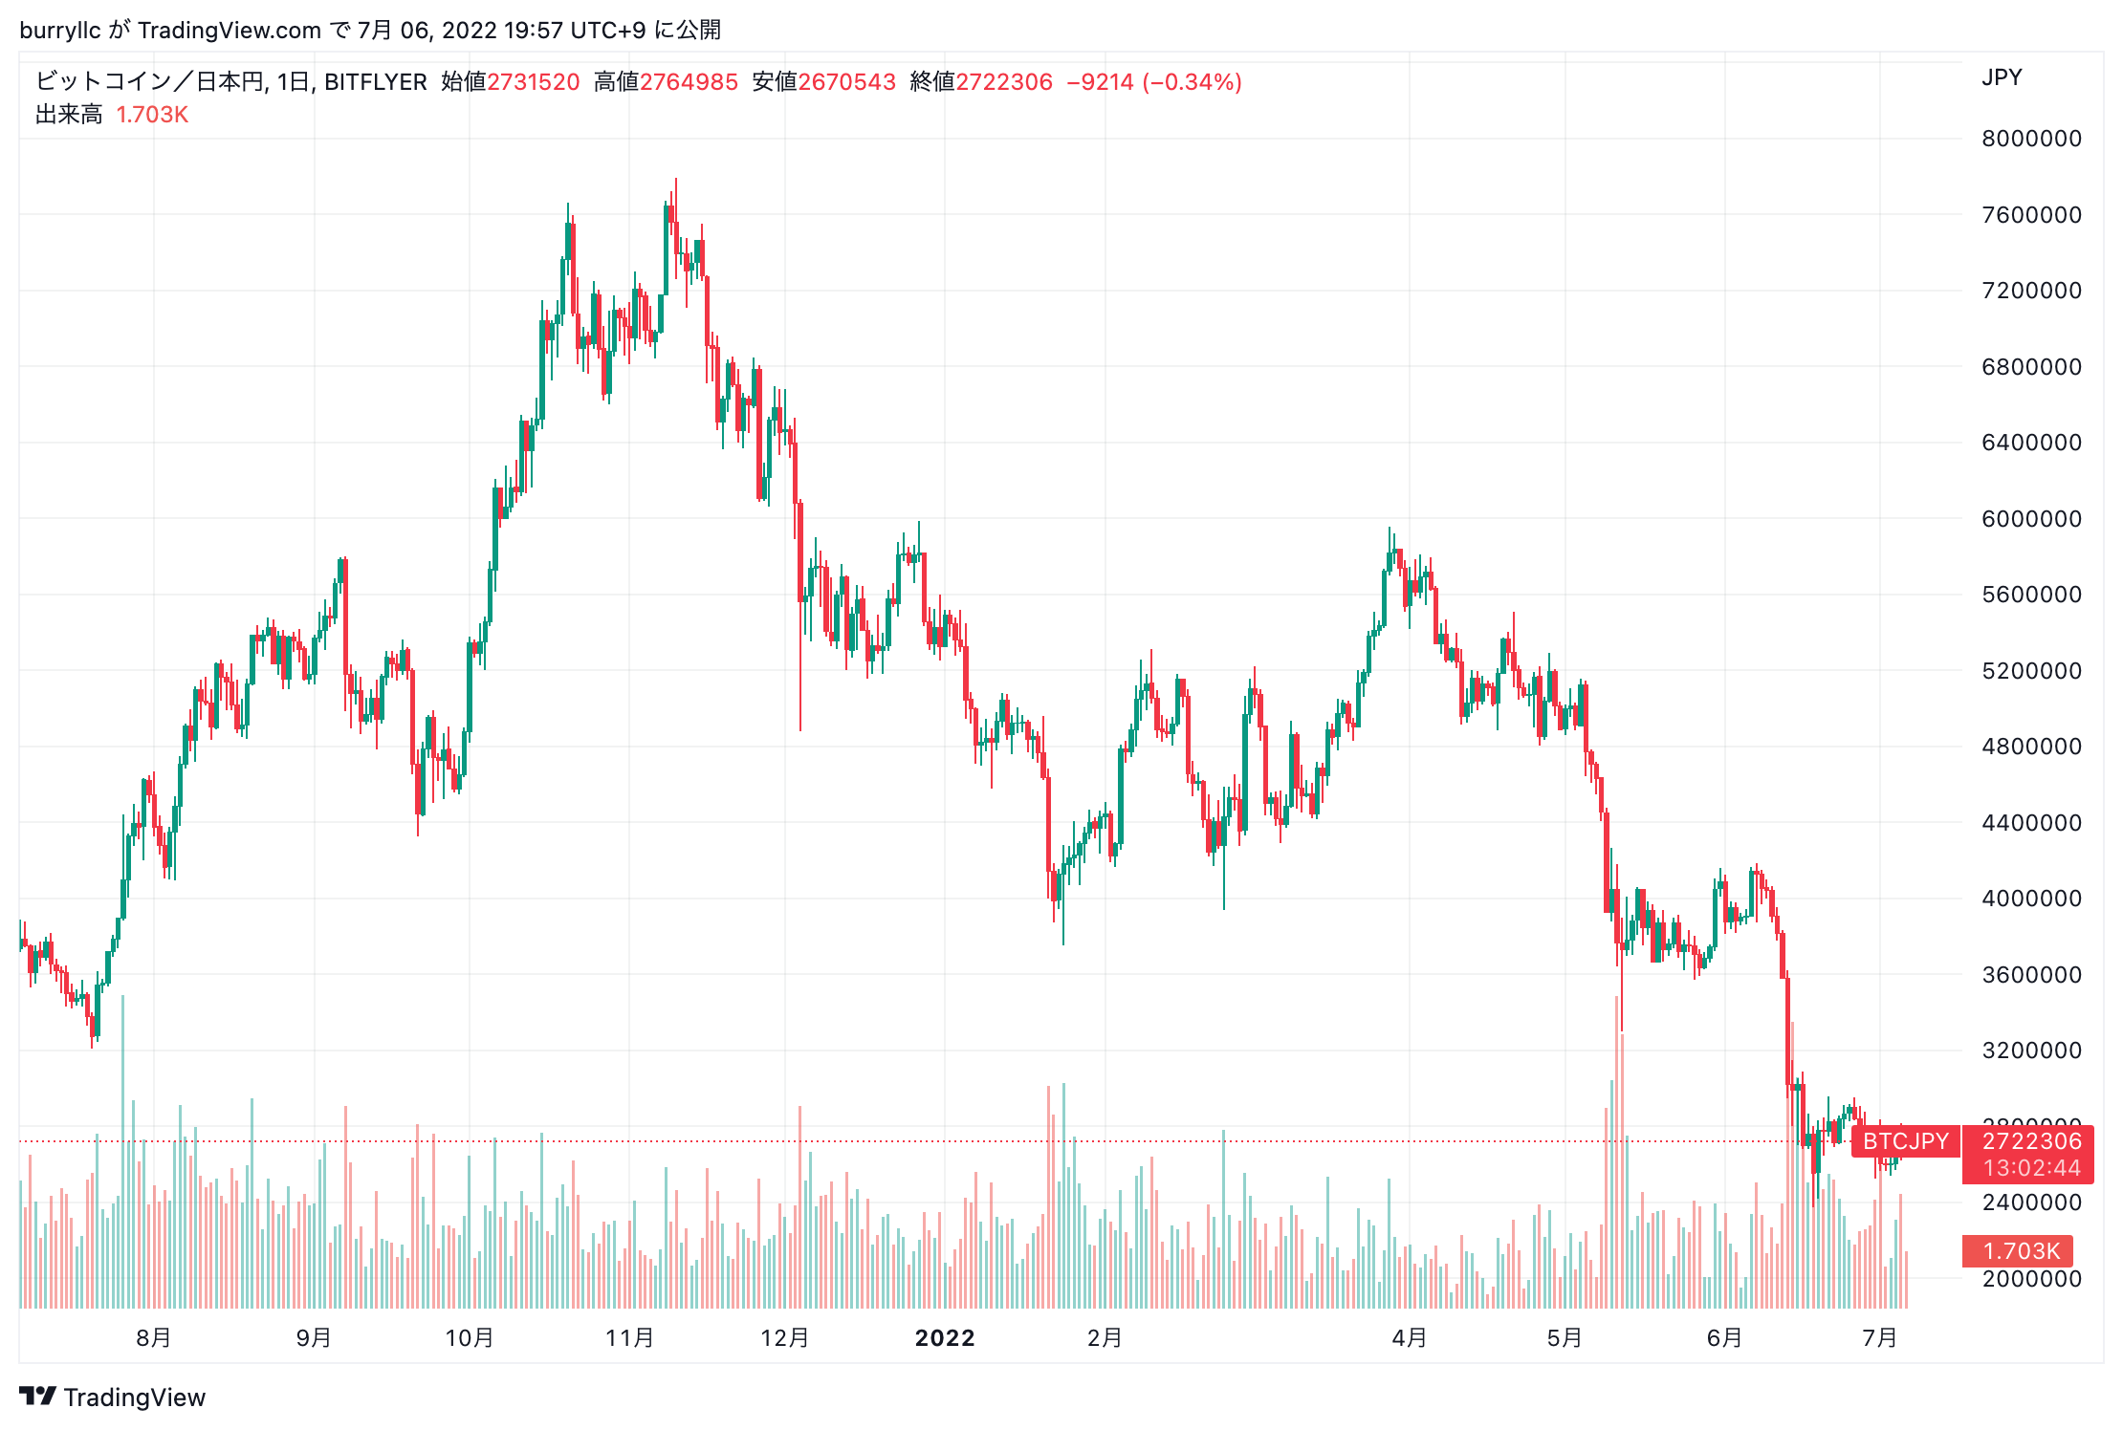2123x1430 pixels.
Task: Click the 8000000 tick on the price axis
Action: (2031, 139)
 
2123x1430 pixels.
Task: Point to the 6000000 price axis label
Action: (2031, 519)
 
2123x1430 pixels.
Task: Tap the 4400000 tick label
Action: (2031, 823)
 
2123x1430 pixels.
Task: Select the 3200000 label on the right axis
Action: (2031, 1051)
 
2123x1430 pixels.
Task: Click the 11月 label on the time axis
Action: (629, 1337)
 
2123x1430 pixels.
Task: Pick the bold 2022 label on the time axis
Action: (945, 1337)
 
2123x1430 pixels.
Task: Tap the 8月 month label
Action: (154, 1337)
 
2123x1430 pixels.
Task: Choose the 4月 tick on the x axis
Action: (1410, 1337)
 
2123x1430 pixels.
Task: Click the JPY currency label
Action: (2002, 77)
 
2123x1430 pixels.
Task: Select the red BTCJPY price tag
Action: (1905, 1141)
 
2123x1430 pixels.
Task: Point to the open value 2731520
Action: (534, 82)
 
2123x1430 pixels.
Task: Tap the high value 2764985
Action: (689, 82)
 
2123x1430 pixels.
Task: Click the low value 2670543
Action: (846, 82)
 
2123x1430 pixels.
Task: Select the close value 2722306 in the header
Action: (1004, 82)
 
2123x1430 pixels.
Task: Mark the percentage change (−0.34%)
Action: (1192, 82)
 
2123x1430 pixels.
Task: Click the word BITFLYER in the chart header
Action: (376, 82)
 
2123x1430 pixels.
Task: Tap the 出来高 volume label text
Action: (69, 115)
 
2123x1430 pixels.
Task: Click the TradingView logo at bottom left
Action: (113, 1397)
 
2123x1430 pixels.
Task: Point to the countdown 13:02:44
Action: (2031, 1168)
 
